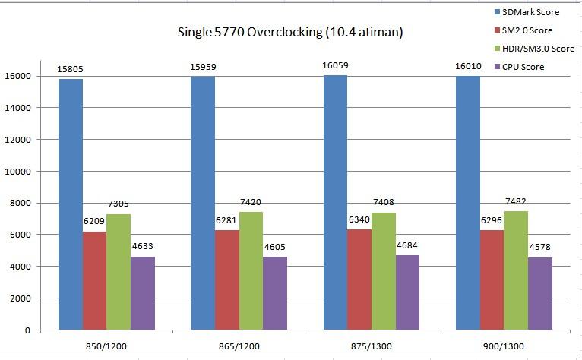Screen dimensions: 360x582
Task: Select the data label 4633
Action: [143, 246]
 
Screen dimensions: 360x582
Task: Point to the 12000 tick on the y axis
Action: [20, 140]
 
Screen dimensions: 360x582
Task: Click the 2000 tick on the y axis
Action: [22, 298]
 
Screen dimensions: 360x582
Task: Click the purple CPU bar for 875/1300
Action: [408, 292]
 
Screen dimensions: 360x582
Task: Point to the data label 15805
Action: [71, 69]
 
